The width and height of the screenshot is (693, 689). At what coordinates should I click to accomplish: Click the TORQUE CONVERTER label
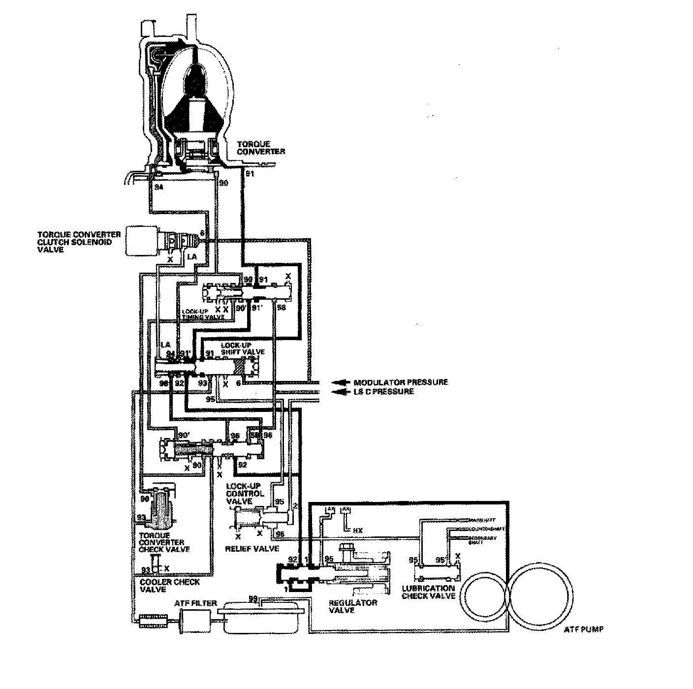tap(260, 148)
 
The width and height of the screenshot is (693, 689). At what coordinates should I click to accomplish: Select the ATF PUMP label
tap(584, 629)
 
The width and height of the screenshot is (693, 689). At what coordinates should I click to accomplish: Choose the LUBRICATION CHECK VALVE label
tap(428, 592)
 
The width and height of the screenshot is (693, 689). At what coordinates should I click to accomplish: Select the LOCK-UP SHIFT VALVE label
tap(243, 348)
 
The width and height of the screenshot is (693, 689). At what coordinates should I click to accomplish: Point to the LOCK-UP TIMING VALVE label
tap(203, 314)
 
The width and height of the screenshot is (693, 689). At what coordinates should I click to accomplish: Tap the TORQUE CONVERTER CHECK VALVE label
tap(164, 542)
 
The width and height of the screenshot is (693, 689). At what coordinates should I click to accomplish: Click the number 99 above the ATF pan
tap(253, 599)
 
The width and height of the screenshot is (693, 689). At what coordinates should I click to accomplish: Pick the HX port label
tap(357, 531)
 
